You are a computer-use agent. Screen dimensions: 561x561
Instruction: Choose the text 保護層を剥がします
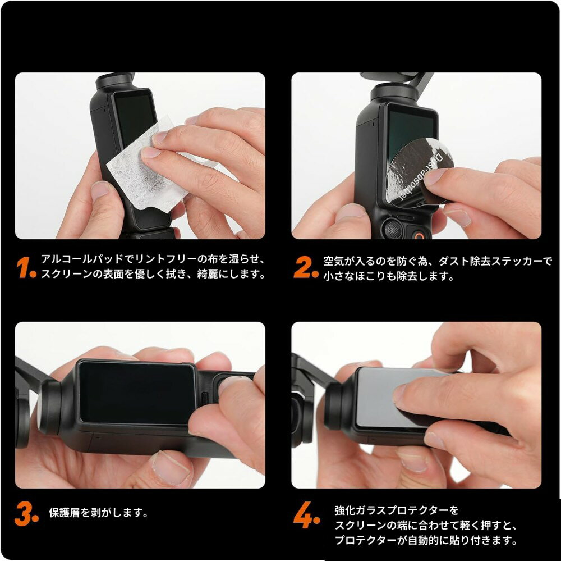(x=99, y=513)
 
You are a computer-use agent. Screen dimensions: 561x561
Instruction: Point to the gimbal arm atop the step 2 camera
(x=421, y=81)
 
